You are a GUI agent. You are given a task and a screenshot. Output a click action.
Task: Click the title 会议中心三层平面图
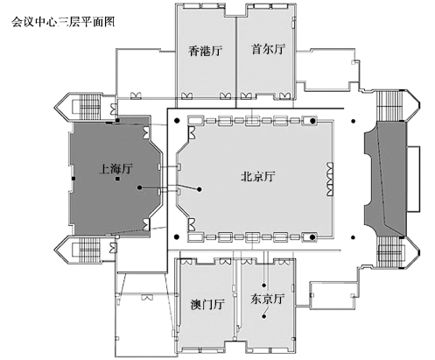coord(63,22)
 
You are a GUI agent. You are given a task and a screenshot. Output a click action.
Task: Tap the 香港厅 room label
coord(205,51)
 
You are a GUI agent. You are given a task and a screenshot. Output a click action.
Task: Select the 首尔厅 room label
coord(268,49)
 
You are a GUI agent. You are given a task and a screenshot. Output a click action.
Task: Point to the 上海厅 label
coord(116,168)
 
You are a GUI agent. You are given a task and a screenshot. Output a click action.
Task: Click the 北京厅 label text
coord(258,176)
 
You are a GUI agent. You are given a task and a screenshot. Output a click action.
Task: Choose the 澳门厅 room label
coord(207,304)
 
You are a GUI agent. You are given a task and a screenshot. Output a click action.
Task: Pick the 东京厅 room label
coord(267,299)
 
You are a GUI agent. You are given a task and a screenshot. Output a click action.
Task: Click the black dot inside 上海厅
coord(140,187)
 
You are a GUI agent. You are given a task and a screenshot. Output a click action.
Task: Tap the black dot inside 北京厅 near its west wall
coord(200,189)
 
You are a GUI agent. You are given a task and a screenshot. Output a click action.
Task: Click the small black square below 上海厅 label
coord(117,179)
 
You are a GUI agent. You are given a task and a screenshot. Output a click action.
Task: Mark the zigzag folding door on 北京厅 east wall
coord(330,180)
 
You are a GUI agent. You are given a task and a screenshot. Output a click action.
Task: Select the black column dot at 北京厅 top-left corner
coord(177,120)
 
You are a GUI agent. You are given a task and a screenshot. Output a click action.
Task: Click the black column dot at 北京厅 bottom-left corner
coord(176,236)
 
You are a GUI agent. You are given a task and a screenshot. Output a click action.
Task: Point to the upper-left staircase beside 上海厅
coord(87,107)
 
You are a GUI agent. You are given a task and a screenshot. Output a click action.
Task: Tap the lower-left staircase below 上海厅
coord(87,251)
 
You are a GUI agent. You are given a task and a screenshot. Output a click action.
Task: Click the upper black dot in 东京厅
coord(264,286)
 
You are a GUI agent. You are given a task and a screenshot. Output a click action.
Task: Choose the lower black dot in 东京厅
coord(263,317)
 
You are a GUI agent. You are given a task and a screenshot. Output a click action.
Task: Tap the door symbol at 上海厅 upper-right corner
coord(146,132)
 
